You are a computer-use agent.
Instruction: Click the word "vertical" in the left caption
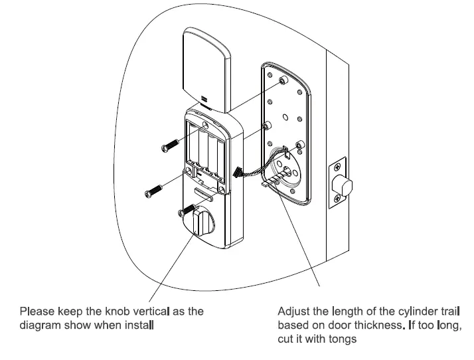click(x=151, y=311)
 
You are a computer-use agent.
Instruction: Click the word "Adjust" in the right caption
click(x=293, y=311)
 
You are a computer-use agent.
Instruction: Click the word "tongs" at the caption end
click(x=343, y=339)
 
